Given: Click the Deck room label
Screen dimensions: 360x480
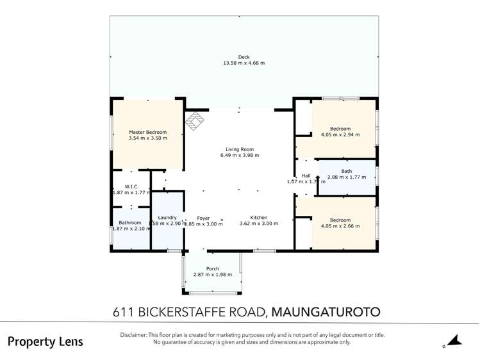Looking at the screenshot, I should click(x=244, y=57).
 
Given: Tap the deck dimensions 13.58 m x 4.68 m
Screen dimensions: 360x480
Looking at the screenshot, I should click(x=244, y=63).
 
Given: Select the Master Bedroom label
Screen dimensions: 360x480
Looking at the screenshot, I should click(x=147, y=132).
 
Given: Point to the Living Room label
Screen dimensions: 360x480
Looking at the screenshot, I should click(x=240, y=149).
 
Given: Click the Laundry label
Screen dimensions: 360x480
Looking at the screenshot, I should click(x=167, y=218).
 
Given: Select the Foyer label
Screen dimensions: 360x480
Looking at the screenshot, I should click(x=203, y=218).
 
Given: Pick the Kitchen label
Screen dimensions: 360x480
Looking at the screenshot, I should click(x=259, y=218).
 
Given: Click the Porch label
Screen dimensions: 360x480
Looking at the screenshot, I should click(x=213, y=268).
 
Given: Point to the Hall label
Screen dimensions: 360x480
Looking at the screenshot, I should click(x=306, y=176).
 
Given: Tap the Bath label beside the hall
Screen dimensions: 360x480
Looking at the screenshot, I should click(x=346, y=170).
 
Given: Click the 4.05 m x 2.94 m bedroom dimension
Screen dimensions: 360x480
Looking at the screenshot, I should click(x=340, y=135).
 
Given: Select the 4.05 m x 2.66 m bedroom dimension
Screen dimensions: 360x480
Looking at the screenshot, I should click(x=340, y=226).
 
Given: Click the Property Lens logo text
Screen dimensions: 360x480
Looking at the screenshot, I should click(x=45, y=341).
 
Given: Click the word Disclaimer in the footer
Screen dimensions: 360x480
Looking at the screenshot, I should click(x=134, y=335).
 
